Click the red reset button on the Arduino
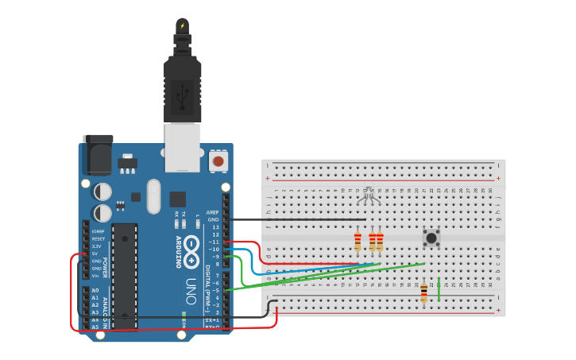point(217,161)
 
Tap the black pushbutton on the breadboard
point(431,237)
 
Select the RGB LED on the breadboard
point(369,192)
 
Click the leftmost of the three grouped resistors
point(358,241)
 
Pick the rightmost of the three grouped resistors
point(380,241)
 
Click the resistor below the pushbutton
point(423,293)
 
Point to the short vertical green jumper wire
point(439,289)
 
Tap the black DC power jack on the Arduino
point(98,155)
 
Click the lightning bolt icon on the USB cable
point(182,26)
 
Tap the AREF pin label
point(212,212)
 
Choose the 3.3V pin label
point(97,246)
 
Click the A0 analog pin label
point(95,291)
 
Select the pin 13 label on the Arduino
point(215,227)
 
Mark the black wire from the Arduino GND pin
point(294,219)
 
